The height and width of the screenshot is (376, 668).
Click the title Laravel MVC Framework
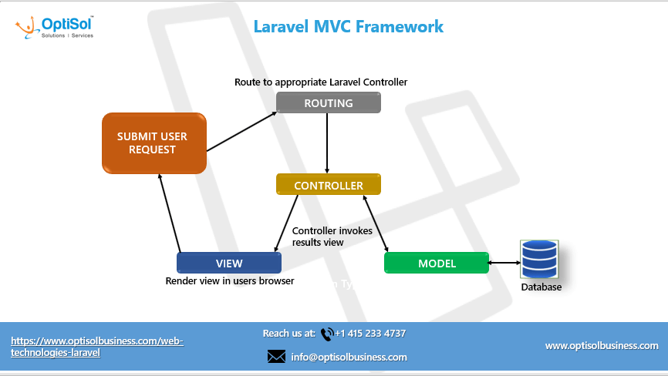pos(349,26)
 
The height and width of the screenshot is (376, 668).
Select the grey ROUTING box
pos(329,102)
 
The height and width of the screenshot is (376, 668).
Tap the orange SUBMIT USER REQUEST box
pos(154,143)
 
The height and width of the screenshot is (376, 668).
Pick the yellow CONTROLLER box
pos(329,185)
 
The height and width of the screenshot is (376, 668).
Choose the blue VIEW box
pos(229,263)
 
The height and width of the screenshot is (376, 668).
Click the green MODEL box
pos(437,263)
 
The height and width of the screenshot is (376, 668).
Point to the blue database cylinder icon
pos(539,259)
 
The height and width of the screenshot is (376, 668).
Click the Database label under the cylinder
pos(541,287)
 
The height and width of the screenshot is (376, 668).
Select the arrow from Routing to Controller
pos(329,143)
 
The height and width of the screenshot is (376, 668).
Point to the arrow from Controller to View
pos(286,223)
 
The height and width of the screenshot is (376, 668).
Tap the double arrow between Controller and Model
pos(375,223)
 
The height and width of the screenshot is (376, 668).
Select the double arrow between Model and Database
pos(505,263)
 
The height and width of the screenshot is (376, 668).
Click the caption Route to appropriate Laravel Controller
pos(321,82)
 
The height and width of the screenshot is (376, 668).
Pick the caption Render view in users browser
pos(230,281)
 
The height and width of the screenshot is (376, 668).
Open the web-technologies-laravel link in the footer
pos(97,346)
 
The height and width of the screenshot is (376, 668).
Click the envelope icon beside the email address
pos(276,357)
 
